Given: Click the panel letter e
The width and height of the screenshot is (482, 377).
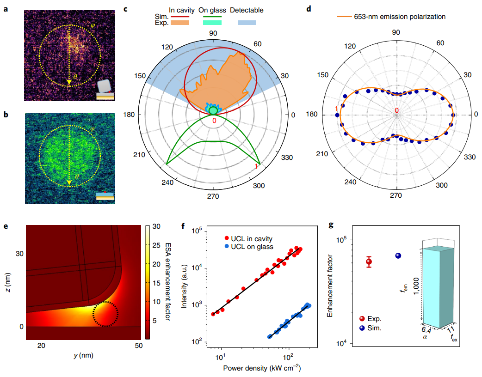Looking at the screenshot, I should [x=6, y=226].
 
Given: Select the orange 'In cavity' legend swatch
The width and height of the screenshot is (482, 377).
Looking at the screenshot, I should [x=180, y=22].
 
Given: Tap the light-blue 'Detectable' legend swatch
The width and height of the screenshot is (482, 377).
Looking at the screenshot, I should [x=247, y=22].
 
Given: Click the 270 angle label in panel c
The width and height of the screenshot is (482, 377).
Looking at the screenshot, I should [x=213, y=196].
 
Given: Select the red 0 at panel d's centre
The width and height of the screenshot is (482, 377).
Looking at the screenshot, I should [x=396, y=110].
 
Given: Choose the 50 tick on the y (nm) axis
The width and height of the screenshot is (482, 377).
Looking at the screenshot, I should [x=137, y=346].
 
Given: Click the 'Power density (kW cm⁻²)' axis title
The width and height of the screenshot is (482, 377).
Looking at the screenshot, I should [x=259, y=368].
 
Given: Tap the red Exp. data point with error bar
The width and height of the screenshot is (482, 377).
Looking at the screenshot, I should [x=369, y=262].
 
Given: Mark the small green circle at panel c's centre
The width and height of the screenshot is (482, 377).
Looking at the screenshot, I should [x=213, y=111].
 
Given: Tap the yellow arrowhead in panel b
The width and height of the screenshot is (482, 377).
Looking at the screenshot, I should [x=69, y=182].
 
